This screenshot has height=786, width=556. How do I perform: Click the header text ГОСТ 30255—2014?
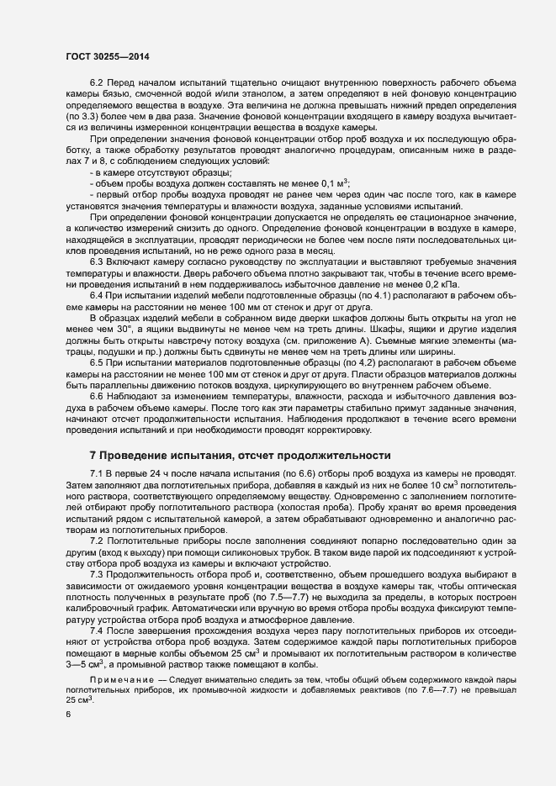point(103,55)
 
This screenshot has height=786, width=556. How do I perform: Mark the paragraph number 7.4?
point(97,607)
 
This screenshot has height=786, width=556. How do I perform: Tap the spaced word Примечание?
point(124,653)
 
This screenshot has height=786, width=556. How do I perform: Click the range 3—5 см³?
point(84,640)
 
